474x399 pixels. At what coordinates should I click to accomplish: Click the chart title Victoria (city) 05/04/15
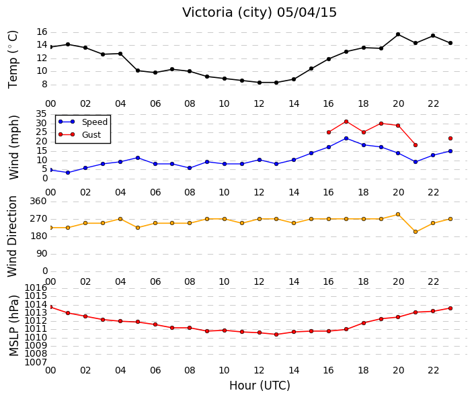coord(260,13)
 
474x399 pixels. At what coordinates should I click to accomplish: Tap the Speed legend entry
coord(83,122)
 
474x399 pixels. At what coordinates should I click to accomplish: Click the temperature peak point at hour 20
coord(398,34)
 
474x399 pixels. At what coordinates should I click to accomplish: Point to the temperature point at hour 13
coord(276,83)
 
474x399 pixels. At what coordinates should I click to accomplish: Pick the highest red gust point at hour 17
coord(346,122)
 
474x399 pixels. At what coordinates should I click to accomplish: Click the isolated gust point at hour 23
coord(450,138)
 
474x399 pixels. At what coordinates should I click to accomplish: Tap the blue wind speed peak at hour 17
coord(346,138)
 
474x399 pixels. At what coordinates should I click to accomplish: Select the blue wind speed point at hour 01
coord(68,173)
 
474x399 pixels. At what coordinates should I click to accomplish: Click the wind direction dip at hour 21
coord(416,232)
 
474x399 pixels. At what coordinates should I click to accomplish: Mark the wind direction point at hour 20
coord(398,214)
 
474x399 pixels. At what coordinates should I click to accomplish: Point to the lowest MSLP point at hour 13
coord(276,335)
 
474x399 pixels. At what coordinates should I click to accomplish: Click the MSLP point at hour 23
coord(450,308)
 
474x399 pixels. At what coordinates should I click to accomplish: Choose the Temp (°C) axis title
coord(13,60)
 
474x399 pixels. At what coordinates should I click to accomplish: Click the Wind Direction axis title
coord(12,236)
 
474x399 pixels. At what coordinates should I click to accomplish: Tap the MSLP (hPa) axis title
coord(13,326)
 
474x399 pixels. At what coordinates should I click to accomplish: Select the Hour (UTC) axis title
coord(260,386)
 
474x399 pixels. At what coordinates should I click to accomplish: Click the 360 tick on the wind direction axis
coord(38,202)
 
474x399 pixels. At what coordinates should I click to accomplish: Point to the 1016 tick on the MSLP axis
coord(36,287)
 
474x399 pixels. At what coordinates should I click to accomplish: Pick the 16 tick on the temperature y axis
coord(42,32)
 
